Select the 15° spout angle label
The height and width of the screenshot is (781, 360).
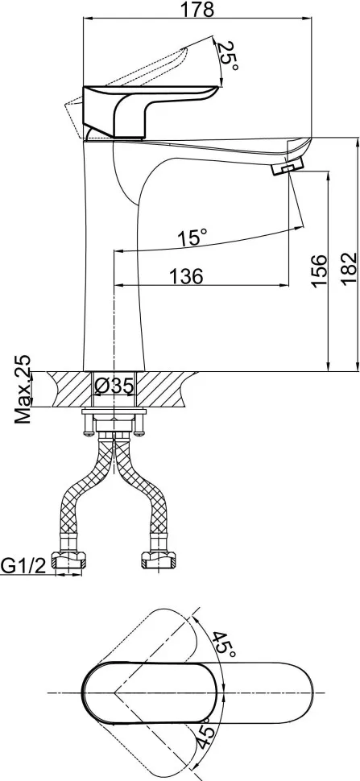[192, 238]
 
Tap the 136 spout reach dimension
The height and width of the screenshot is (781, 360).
[186, 276]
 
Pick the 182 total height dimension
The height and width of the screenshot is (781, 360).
[350, 269]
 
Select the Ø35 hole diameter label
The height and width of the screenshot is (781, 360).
[114, 386]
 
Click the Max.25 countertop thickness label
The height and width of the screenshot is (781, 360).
[23, 390]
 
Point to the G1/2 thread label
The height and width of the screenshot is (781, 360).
[23, 565]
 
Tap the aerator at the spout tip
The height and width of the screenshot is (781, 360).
[288, 167]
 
